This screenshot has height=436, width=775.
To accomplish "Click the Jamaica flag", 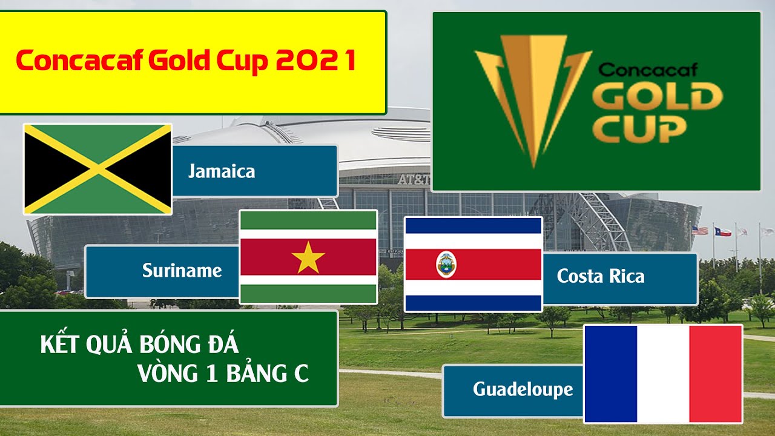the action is (98, 169).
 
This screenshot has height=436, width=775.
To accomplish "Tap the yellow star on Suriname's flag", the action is (308, 257).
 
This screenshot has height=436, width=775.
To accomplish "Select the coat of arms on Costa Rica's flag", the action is (446, 265).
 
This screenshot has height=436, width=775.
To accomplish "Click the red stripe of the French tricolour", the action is (716, 374).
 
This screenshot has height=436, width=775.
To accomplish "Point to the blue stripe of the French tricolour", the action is (611, 374).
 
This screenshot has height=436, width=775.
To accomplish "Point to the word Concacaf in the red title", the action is (79, 60).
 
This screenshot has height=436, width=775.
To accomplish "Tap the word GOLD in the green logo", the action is (658, 96).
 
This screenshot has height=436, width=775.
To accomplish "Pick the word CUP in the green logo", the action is (639, 129).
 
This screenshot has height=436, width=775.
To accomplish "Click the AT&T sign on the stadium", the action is (414, 179).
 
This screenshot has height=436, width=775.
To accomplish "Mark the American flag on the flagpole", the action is (699, 230).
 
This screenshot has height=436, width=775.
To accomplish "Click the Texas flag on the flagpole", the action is (723, 231).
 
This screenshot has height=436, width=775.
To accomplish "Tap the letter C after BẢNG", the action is (302, 374).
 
